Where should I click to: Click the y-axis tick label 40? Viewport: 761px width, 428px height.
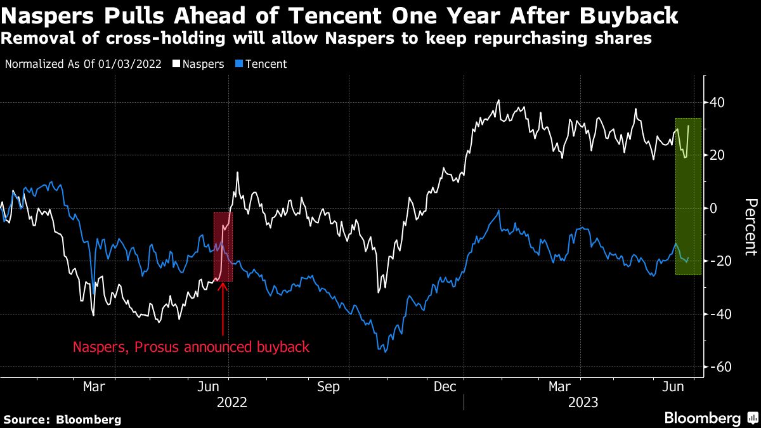[x=717, y=102]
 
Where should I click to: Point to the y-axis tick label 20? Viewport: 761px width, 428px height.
[x=717, y=155]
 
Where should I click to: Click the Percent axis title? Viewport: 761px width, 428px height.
[x=750, y=227]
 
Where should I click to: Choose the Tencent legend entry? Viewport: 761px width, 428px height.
[x=264, y=64]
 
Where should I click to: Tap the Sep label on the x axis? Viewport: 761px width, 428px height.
[x=328, y=386]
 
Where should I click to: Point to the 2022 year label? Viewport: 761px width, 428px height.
[x=231, y=401]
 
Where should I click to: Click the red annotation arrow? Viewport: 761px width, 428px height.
[x=223, y=308]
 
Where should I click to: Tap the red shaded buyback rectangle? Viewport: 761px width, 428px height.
[x=223, y=247]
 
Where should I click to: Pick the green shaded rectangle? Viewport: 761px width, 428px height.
[x=688, y=197]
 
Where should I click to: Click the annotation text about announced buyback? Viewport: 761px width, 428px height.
[x=191, y=347]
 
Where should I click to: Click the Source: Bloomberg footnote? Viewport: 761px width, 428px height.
[x=62, y=419]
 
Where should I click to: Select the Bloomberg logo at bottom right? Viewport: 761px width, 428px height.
[x=710, y=418]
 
